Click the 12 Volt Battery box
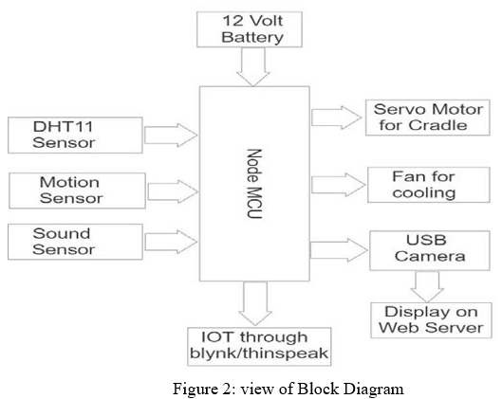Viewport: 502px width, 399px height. coord(250,29)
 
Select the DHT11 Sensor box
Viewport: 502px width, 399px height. coord(75,135)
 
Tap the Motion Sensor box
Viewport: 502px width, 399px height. coord(77,190)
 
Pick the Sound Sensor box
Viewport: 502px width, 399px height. coord(75,242)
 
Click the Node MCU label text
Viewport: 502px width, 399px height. coord(254,184)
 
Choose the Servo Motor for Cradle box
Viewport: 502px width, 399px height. coord(428,118)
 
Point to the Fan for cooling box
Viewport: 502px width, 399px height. coord(429,185)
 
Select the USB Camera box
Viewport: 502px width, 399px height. coord(430,250)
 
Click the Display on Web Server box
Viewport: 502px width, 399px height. coord(431,320)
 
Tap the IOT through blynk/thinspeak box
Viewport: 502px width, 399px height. coord(259,347)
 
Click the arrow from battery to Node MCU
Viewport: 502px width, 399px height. coord(253,66)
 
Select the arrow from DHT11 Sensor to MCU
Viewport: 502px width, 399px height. coord(171,136)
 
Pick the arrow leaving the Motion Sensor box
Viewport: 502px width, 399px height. coord(173,191)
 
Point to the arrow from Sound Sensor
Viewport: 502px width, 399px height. coord(171,242)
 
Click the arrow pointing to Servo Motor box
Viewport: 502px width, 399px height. coord(337,118)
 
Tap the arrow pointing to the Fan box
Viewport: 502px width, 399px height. coord(339,185)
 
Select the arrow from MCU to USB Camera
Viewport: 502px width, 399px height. coord(339,250)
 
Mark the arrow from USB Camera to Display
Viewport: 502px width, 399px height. coord(427,286)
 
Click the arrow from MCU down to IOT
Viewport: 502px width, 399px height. coord(255,303)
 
